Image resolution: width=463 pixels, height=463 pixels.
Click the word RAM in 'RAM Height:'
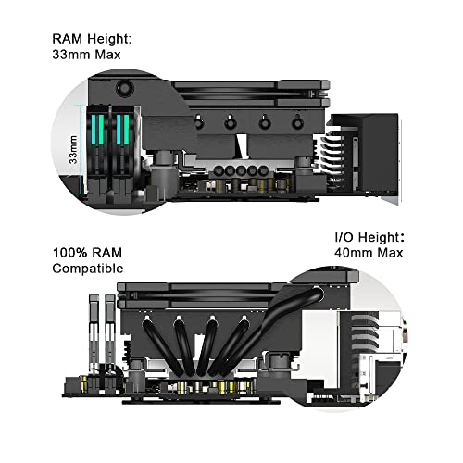pyautogui.click(x=68, y=39)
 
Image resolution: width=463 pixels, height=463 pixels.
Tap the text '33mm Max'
pyautogui.click(x=86, y=55)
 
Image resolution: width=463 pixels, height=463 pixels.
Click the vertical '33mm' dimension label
pyautogui.click(x=73, y=149)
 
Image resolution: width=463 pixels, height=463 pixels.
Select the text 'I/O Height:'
pyautogui.click(x=369, y=237)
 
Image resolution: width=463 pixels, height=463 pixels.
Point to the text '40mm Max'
pyautogui.click(x=369, y=253)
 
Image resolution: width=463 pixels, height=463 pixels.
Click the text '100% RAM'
pyautogui.click(x=87, y=253)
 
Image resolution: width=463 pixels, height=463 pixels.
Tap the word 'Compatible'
pyautogui.click(x=88, y=269)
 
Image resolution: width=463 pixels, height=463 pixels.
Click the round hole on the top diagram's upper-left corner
pyautogui.click(x=125, y=88)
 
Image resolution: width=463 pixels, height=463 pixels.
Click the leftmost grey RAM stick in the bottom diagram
pyautogui.click(x=94, y=333)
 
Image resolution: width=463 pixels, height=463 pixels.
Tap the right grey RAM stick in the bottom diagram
pyautogui.click(x=110, y=333)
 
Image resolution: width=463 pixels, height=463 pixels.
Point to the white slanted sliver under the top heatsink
pyautogui.click(x=241, y=146)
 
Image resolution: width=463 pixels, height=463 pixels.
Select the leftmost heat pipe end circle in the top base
pyautogui.click(x=219, y=170)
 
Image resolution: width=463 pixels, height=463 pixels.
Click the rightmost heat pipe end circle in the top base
pyautogui.click(x=263, y=170)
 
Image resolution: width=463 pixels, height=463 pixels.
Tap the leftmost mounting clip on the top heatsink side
pyautogui.click(x=198, y=122)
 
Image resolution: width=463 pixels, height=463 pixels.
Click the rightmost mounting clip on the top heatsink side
pyautogui.click(x=297, y=122)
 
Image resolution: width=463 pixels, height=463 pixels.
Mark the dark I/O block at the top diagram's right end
pyautogui.click(x=381, y=151)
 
